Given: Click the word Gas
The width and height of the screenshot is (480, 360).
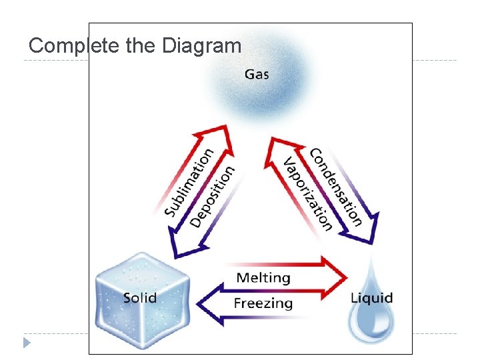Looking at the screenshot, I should point(257,73).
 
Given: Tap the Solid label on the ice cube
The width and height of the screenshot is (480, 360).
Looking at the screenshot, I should point(140,297).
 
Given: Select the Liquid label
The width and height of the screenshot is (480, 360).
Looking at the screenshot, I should point(371,297).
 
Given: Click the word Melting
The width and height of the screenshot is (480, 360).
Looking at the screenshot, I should point(263,277).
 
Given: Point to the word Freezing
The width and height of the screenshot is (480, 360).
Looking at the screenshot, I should point(263,303).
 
